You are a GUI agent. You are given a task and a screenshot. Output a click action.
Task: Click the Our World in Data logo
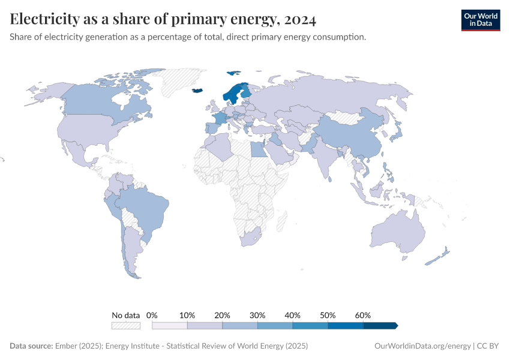(480, 19)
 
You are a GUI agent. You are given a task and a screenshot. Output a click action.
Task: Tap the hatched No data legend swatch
(125, 325)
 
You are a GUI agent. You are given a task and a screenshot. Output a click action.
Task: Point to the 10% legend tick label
(187, 315)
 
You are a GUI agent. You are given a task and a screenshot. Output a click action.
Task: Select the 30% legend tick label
(257, 315)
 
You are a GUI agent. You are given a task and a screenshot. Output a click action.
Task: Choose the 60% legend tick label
(363, 315)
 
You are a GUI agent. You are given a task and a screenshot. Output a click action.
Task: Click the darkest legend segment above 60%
(380, 325)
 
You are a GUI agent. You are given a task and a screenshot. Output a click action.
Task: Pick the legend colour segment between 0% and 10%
(170, 325)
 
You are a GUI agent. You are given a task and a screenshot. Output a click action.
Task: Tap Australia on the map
(398, 230)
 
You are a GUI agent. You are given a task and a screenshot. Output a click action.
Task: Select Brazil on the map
(146, 208)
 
